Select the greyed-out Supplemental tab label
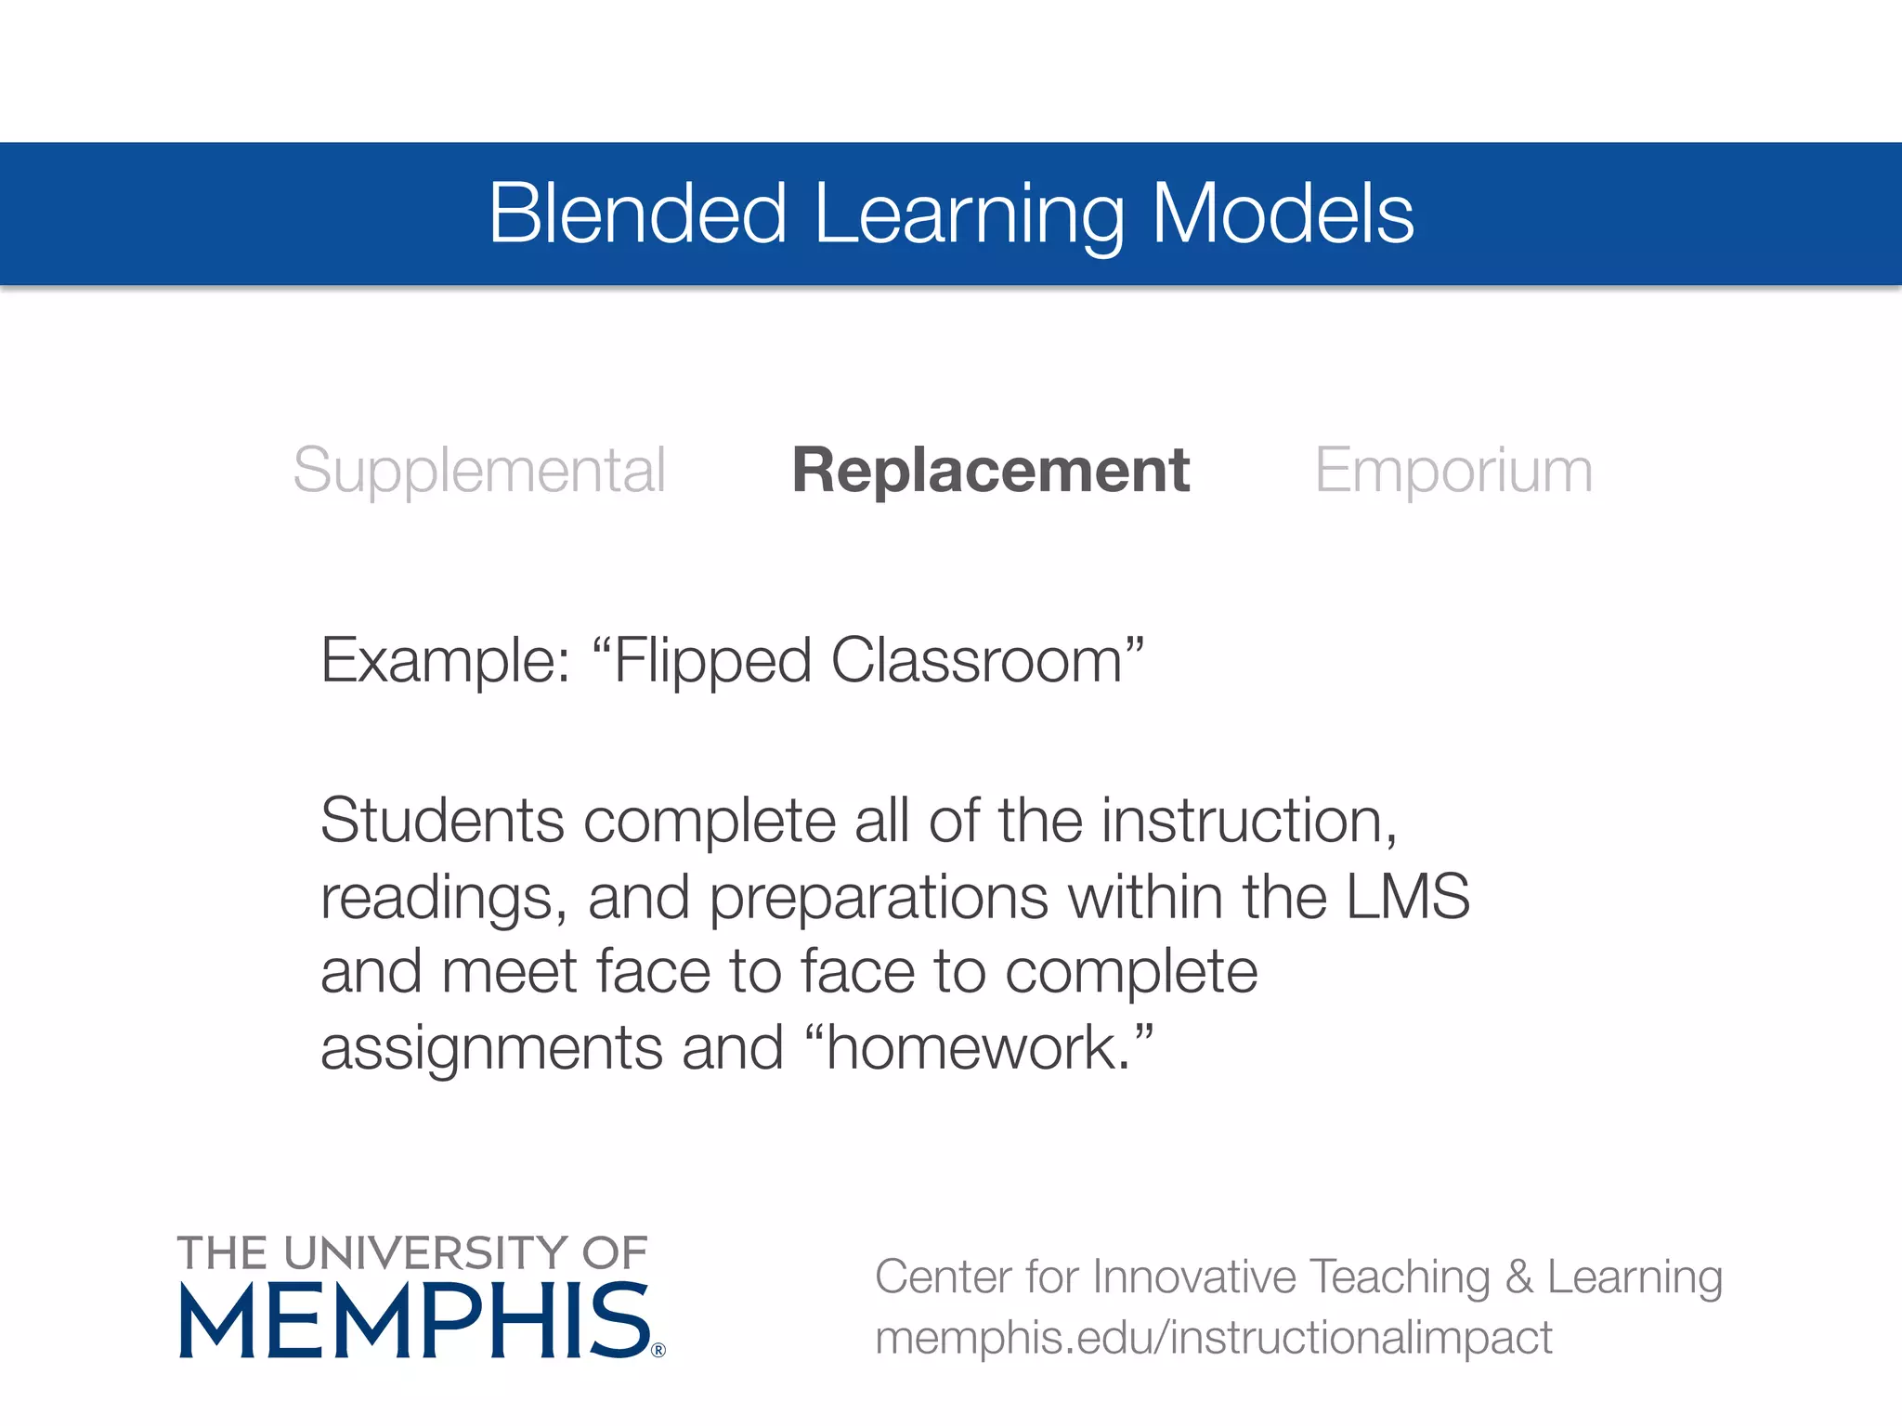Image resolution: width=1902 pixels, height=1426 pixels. [x=479, y=471]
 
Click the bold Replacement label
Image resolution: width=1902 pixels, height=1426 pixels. [x=990, y=471]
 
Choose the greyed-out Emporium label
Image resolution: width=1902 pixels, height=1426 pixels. [x=1453, y=471]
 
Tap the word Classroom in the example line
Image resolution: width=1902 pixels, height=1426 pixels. [x=976, y=662]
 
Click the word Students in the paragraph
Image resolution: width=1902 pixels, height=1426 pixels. [x=442, y=822]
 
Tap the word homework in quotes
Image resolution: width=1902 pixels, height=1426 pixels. [x=975, y=1048]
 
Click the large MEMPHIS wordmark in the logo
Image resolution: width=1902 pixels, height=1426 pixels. [x=414, y=1320]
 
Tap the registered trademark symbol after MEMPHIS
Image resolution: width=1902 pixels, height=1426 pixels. [x=658, y=1351]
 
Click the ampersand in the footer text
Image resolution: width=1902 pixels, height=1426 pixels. [x=1518, y=1277]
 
